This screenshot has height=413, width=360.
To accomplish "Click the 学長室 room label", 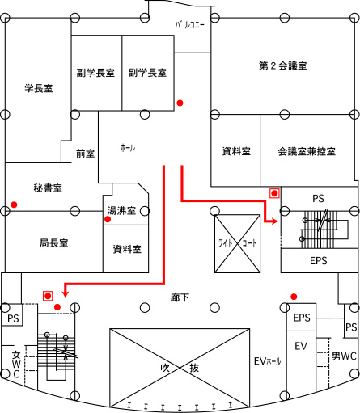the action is click(x=39, y=88).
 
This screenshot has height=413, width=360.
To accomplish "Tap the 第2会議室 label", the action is click(x=283, y=65).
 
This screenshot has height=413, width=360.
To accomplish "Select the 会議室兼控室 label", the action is click(x=307, y=151).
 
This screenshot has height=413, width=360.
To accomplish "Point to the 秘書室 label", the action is click(x=48, y=188).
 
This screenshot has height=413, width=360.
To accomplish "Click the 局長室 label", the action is click(x=54, y=242).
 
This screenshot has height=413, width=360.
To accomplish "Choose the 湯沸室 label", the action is click(x=121, y=210).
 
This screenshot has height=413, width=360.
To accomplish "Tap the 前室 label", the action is click(x=86, y=154).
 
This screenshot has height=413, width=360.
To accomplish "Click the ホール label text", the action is click(x=128, y=148).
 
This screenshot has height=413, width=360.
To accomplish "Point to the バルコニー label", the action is click(x=190, y=25).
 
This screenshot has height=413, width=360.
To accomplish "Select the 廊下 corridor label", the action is click(x=180, y=297).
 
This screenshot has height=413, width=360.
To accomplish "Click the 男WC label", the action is click(x=344, y=356).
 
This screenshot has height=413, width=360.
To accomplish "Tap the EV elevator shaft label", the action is click(x=301, y=346).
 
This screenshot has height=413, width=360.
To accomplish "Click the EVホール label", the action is click(x=268, y=361).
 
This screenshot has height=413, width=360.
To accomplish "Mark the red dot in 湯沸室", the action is click(x=108, y=219).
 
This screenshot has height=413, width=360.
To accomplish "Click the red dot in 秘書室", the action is click(x=14, y=204).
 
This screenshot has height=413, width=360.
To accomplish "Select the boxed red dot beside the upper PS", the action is click(x=274, y=193).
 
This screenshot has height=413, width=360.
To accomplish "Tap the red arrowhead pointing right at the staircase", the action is click(x=275, y=221).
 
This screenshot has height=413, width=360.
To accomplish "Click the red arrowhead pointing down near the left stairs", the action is click(x=65, y=294).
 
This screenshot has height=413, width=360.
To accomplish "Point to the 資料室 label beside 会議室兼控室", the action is click(x=236, y=151).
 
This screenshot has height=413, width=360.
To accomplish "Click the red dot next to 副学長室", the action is click(x=180, y=103).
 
